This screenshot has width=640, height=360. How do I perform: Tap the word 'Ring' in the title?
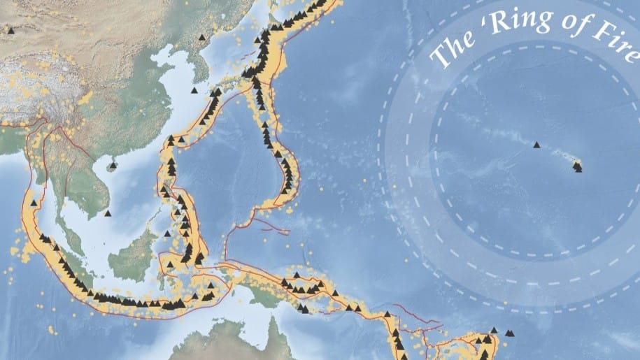(515, 24)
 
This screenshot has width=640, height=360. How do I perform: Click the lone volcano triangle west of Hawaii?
(536, 145)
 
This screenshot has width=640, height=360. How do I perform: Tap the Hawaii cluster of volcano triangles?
(577, 166)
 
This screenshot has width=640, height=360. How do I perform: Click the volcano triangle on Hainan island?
(113, 165)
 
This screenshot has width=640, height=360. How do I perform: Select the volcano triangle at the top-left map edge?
(10, 30)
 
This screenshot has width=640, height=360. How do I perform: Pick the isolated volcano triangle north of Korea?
(202, 37)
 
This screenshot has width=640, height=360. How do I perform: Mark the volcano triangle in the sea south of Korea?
(194, 90)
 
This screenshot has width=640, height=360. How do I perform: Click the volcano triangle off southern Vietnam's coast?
(107, 213)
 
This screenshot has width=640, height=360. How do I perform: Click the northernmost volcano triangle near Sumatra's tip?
(43, 237)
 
